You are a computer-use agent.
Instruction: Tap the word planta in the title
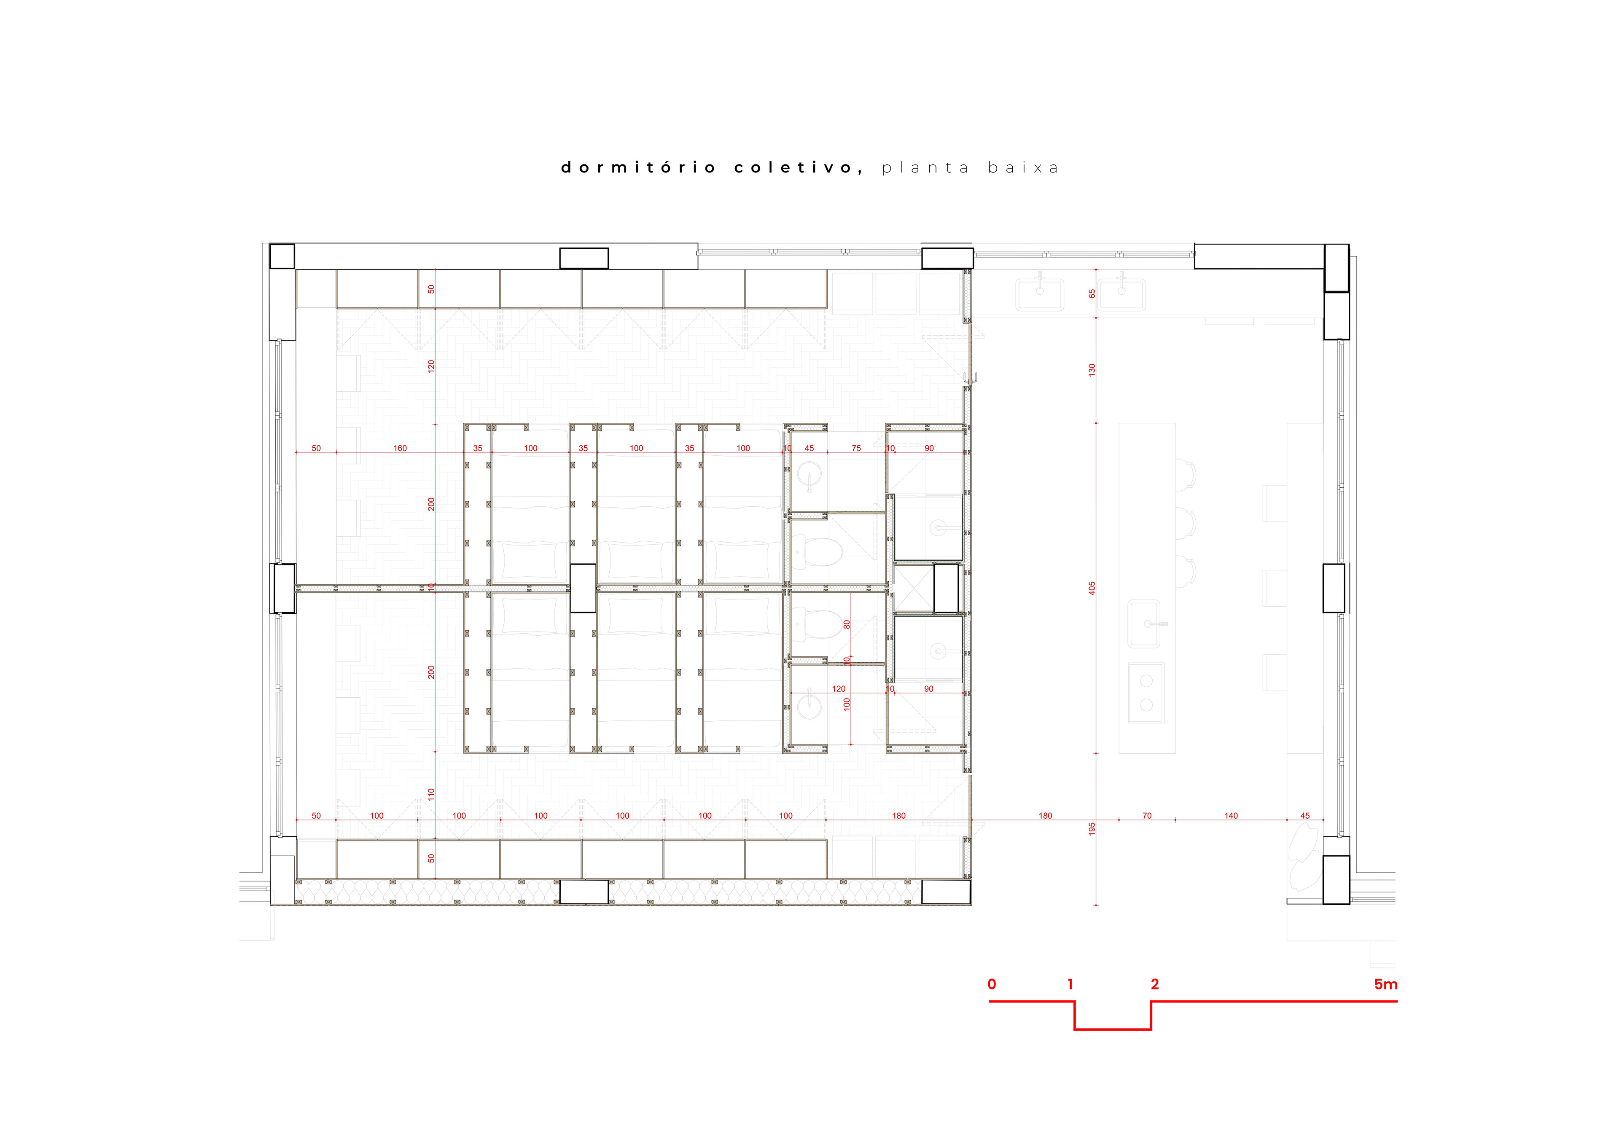point(925,168)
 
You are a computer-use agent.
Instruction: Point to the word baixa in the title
point(1023,168)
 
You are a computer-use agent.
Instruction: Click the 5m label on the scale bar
point(1385,984)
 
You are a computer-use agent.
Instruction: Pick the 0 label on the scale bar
point(991,984)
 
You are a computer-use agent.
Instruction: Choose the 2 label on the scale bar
point(1154,984)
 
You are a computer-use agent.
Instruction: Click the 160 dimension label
point(400,449)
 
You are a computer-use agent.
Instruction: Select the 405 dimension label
point(1092,588)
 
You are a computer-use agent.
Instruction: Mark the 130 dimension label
point(1092,369)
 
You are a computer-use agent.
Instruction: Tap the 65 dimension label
point(1092,293)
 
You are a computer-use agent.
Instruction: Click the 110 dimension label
point(431,794)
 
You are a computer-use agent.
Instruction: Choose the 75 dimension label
point(856,449)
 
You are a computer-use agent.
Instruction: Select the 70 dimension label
point(1146,816)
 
